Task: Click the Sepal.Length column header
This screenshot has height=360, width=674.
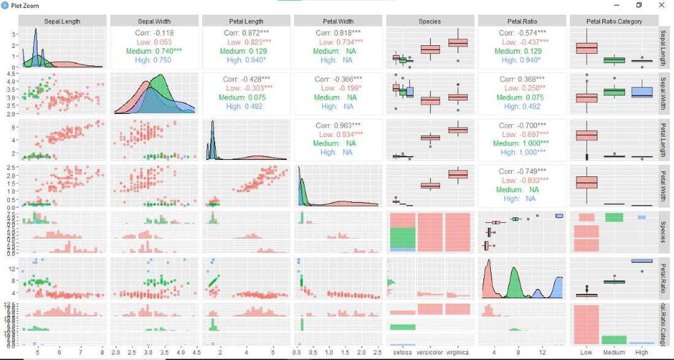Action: [62, 22]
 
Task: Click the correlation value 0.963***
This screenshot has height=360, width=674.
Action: [338, 125]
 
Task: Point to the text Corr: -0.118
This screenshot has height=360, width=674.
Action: [154, 32]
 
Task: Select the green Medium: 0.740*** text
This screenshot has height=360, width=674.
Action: [154, 51]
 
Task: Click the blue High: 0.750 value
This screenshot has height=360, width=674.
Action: [154, 60]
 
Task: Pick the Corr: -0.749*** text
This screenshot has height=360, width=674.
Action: [522, 171]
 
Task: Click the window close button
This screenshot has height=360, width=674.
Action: [661, 5]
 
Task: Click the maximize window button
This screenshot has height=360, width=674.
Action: [638, 5]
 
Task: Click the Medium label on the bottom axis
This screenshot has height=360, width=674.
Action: [613, 353]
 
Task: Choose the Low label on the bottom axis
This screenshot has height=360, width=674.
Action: [586, 353]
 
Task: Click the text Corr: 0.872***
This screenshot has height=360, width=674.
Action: [246, 32]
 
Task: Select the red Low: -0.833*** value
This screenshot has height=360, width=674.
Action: [522, 180]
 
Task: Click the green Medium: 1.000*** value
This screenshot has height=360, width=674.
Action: [522, 143]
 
